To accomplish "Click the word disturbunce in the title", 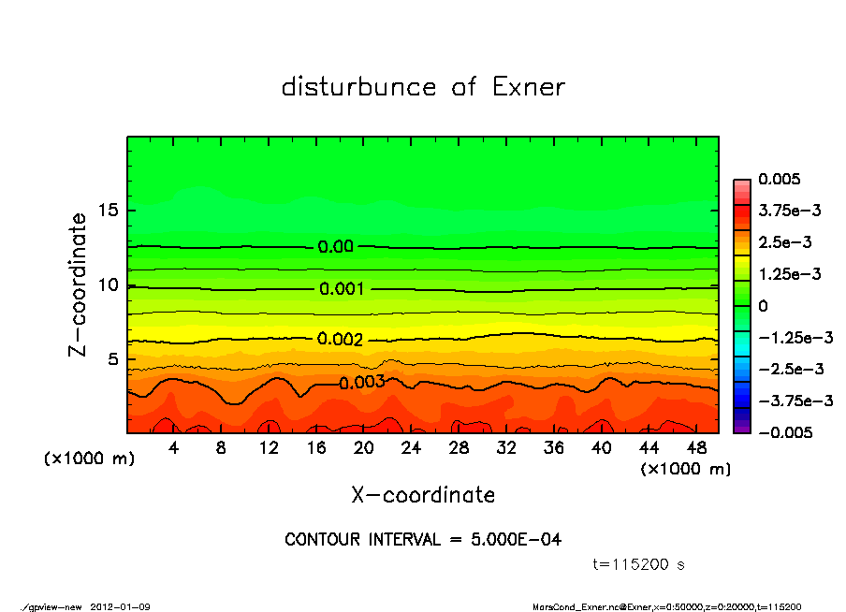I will pyautogui.click(x=358, y=87).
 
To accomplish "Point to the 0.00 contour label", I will pyautogui.click(x=336, y=247).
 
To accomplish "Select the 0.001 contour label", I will pyautogui.click(x=342, y=289).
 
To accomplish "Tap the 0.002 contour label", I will pyautogui.click(x=340, y=339).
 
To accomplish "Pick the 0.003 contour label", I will pyautogui.click(x=362, y=382).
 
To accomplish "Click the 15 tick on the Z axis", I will pyautogui.click(x=108, y=210).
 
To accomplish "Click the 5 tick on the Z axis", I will pyautogui.click(x=112, y=359).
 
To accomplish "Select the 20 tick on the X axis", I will pyautogui.click(x=364, y=448).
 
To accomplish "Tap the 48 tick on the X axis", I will pyautogui.click(x=697, y=448).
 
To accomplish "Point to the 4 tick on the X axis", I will pyautogui.click(x=174, y=448).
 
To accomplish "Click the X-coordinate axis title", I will pyautogui.click(x=423, y=494).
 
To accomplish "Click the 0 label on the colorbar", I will pyautogui.click(x=763, y=305).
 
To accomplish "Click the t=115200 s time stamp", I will pyautogui.click(x=639, y=564).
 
